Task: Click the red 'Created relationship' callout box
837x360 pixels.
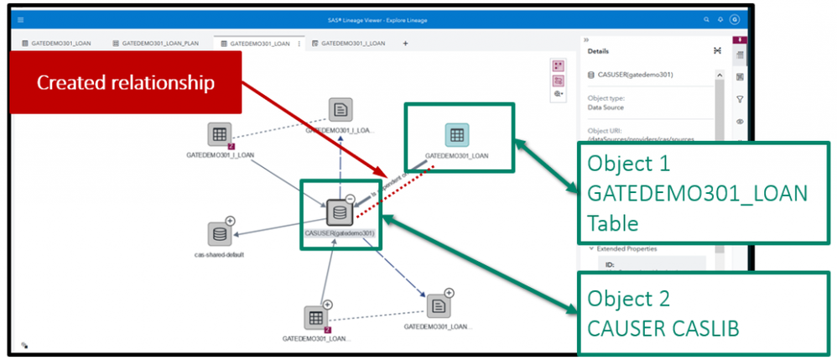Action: tap(126, 82)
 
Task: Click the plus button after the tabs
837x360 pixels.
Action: tap(406, 42)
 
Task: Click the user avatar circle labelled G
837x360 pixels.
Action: tap(735, 19)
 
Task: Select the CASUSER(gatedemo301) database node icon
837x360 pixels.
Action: tap(338, 211)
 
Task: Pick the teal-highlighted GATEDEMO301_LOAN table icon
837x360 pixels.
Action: tap(456, 135)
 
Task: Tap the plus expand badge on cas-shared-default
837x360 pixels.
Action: tap(231, 221)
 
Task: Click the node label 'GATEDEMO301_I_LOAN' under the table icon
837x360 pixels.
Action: tap(221, 155)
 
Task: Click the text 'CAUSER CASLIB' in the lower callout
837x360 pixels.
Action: tap(663, 328)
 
